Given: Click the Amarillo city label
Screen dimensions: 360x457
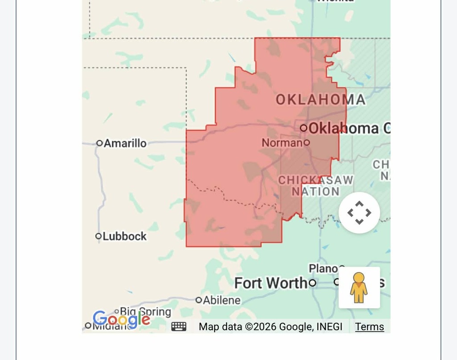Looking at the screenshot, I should coord(125,143).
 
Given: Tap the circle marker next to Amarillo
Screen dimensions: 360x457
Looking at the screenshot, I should coord(100,143).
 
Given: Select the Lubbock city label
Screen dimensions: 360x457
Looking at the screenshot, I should coord(125,236).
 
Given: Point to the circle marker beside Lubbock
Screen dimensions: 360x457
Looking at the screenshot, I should coord(99,236).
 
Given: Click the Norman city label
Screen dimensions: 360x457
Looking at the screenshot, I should coord(282,143).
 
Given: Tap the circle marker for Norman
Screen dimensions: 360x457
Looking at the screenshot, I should coord(307,143).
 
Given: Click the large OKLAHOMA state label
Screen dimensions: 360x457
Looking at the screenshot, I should coord(320,100).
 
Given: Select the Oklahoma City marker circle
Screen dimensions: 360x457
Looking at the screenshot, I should coord(304,128).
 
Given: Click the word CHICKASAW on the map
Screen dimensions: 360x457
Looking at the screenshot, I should coord(316,180).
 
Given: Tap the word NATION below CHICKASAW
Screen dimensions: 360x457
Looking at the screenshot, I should coord(316,192).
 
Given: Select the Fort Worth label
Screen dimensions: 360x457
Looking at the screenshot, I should coord(271,283).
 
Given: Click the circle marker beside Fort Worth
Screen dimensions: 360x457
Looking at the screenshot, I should coord(312,283).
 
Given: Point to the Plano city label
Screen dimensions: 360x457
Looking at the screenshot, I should coord(323,268).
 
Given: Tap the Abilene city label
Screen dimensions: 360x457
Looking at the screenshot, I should coord(222,300).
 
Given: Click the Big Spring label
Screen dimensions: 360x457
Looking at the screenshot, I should coord(145,311).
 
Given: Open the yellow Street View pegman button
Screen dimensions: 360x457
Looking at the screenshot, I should coord(359,288).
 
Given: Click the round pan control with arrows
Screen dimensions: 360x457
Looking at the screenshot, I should coord(359,213).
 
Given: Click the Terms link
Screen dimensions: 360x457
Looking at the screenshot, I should coord(370,327).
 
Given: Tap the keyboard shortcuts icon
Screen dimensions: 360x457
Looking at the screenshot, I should coord(179,327).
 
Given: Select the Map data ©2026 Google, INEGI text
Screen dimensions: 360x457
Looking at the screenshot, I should coord(270,327).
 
